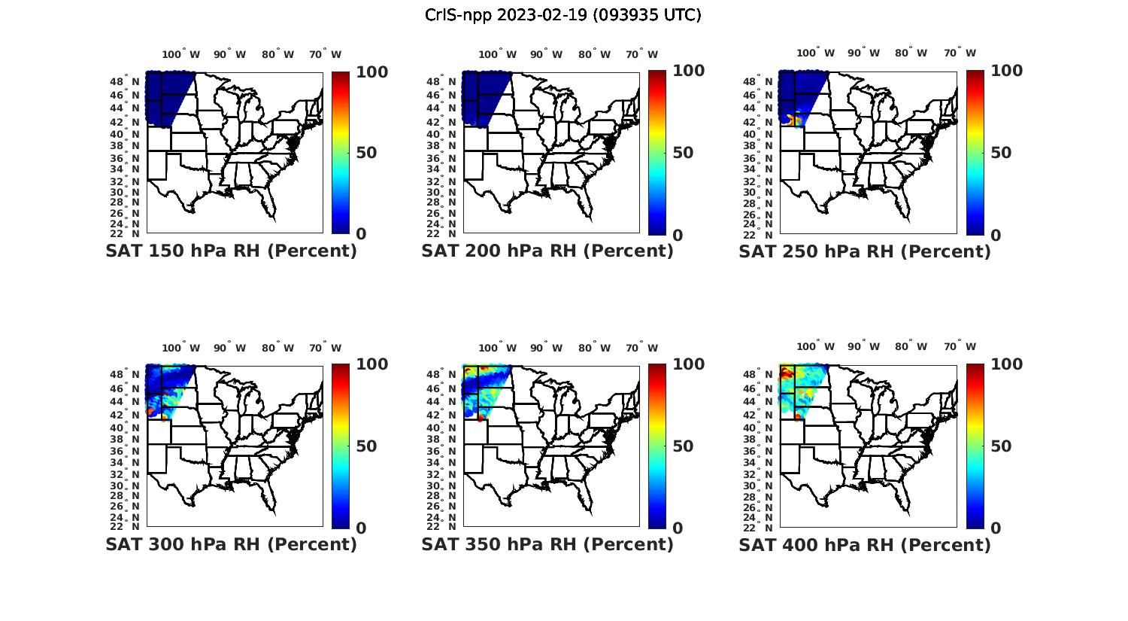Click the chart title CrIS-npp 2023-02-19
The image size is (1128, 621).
point(562,14)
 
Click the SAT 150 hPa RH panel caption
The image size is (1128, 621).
point(231,251)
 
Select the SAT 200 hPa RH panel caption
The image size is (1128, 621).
point(547,251)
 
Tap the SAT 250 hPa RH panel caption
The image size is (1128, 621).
point(865,251)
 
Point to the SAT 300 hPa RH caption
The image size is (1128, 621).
point(231,544)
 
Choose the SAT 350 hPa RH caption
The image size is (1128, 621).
point(547,544)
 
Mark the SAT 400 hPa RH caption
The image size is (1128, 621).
point(865,544)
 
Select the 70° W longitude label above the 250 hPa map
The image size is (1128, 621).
point(960,53)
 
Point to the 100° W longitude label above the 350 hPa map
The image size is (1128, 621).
point(497,348)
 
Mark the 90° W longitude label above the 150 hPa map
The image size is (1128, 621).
point(229,54)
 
